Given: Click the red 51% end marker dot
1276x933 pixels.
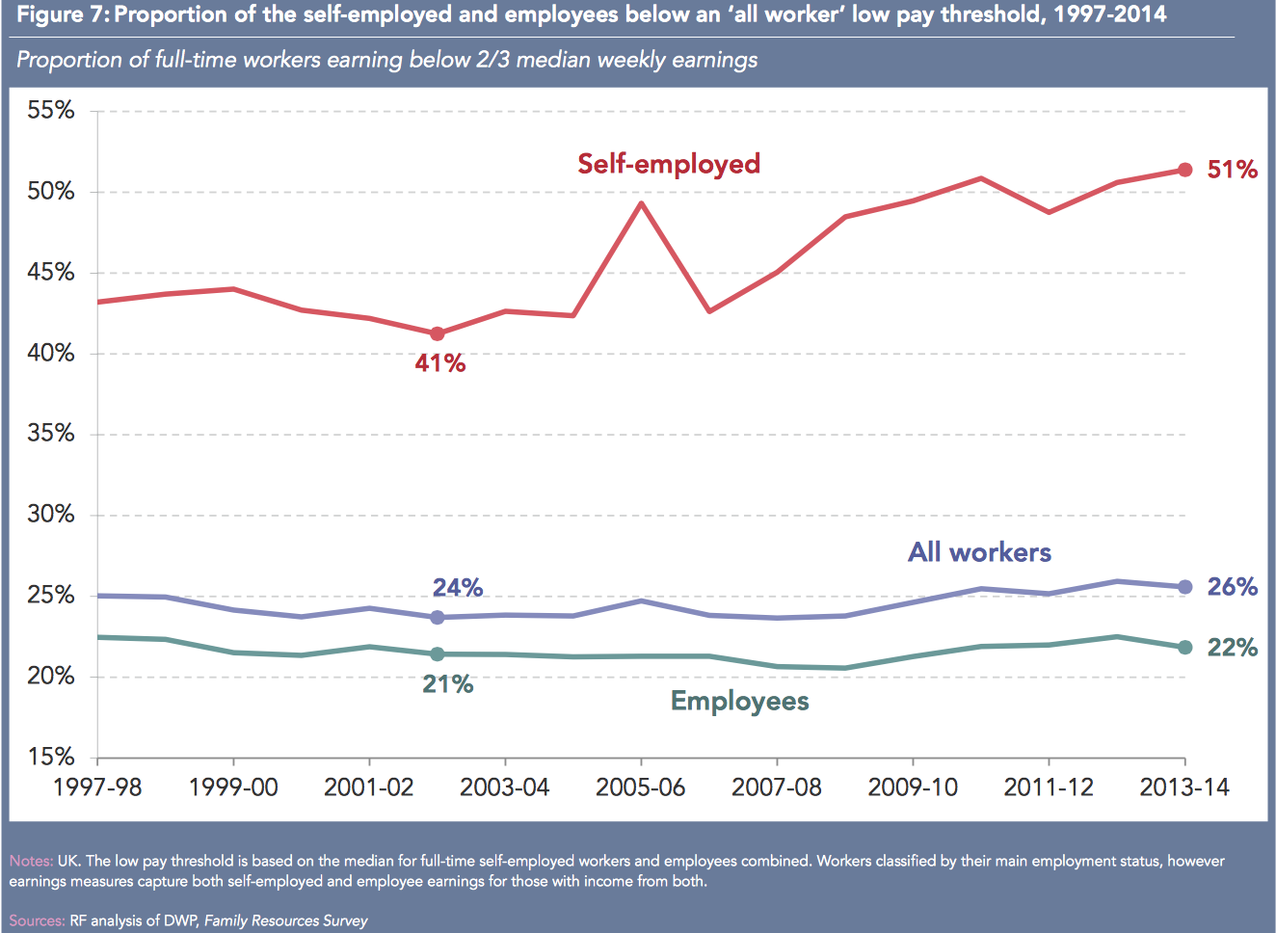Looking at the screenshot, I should [x=1185, y=170].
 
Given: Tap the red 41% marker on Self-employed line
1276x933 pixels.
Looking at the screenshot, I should [x=438, y=333].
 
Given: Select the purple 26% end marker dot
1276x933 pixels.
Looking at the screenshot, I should [x=1185, y=587].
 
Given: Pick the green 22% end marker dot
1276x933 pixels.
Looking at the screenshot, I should [x=1185, y=647].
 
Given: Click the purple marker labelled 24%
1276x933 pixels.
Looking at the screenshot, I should [x=438, y=617].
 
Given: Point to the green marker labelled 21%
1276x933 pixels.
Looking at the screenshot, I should [x=438, y=653].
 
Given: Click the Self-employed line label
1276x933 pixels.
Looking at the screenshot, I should [x=669, y=164].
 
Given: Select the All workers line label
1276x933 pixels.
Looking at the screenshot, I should [x=979, y=552].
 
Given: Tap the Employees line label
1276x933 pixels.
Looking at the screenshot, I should [x=739, y=701].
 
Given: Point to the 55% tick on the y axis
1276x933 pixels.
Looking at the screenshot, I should [x=51, y=111].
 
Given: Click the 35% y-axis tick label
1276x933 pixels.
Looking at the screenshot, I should [x=51, y=434].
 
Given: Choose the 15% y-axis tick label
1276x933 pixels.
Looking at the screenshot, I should [x=51, y=757].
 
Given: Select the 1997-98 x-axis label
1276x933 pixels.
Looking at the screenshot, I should [x=97, y=787].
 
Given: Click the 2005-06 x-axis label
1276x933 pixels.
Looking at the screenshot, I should [x=641, y=787].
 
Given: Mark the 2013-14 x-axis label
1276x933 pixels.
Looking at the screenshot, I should [x=1184, y=787].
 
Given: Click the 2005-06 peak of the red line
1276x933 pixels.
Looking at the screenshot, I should [x=641, y=202].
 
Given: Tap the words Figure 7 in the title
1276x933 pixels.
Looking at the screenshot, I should [x=61, y=14].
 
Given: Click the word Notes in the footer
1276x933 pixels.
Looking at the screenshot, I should [x=31, y=861].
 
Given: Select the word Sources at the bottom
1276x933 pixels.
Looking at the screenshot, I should [x=37, y=920].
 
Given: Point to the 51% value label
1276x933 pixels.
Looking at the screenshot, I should [x=1232, y=170].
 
